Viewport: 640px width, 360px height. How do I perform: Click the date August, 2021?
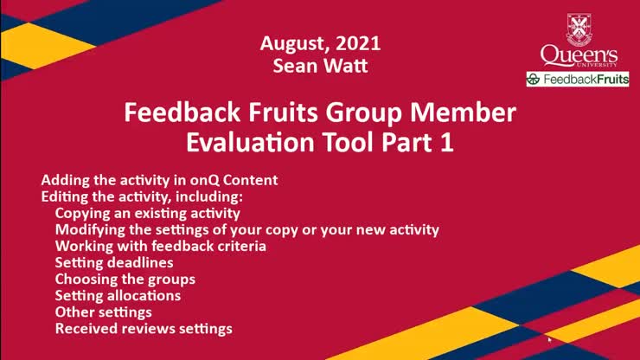click(x=320, y=42)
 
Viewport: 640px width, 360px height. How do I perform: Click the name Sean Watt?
click(x=320, y=64)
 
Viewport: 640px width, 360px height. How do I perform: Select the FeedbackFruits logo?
click(x=578, y=80)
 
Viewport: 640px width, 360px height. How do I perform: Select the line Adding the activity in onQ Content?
click(x=159, y=181)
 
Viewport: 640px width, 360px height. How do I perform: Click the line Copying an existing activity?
click(x=148, y=213)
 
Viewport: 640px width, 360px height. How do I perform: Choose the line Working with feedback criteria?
click(x=161, y=246)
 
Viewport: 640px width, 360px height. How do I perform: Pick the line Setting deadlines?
click(x=114, y=262)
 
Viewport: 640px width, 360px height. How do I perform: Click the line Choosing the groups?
click(x=125, y=279)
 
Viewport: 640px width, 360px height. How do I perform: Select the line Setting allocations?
click(x=118, y=295)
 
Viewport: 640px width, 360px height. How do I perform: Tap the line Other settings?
click(x=104, y=312)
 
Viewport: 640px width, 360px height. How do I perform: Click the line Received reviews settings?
click(x=144, y=328)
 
